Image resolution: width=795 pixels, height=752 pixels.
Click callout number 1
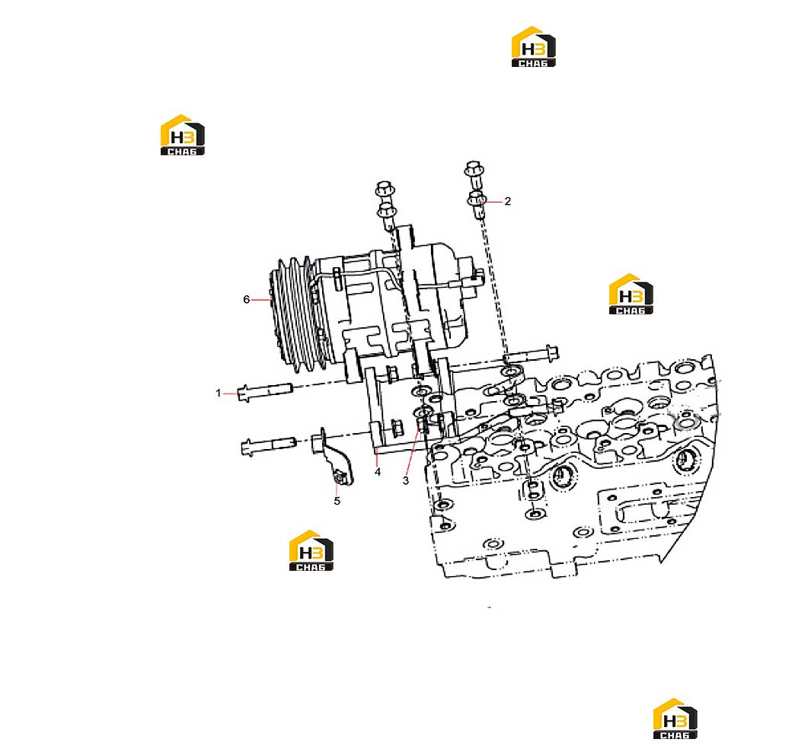pos(219,394)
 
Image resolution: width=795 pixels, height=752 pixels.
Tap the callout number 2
pos(507,201)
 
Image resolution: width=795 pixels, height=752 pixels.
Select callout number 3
pos(406,480)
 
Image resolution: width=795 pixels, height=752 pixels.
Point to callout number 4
pos(378,472)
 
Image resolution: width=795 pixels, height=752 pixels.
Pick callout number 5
pos(337,501)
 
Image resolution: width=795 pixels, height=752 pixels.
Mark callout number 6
pos(247,299)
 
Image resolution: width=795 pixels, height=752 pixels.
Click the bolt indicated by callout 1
pos(265,391)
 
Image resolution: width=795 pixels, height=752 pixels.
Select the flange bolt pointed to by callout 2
pos(477,205)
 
